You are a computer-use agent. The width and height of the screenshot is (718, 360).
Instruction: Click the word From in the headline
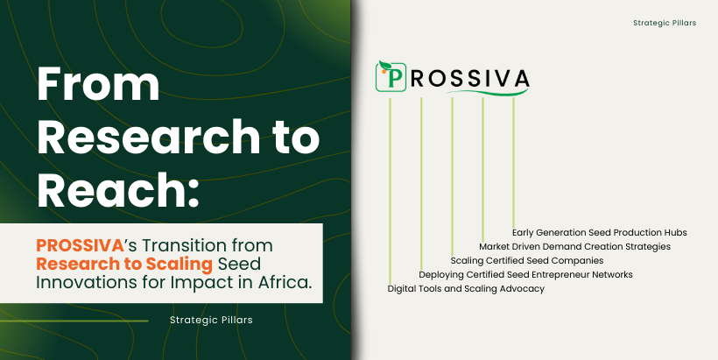[x=98, y=84]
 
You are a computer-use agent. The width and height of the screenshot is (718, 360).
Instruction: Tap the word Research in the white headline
[x=148, y=137]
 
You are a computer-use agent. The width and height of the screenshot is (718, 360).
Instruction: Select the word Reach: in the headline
[x=118, y=189]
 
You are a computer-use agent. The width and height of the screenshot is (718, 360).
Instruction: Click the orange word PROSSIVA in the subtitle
[x=80, y=245]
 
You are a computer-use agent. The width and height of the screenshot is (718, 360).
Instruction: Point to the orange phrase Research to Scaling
[x=124, y=264]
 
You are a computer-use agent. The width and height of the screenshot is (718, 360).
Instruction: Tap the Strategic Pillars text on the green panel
[x=211, y=321]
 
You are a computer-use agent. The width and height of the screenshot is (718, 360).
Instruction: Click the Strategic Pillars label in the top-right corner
[x=665, y=23]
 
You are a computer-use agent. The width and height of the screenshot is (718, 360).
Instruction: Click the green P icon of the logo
[x=391, y=77]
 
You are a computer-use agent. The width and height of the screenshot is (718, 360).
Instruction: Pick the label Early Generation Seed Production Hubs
[x=600, y=233]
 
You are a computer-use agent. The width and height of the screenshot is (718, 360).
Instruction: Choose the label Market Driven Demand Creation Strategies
[x=574, y=247]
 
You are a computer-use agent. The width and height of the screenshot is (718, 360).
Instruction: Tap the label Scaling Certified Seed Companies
[x=526, y=261]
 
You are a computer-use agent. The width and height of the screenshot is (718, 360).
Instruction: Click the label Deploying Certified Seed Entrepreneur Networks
[x=525, y=275]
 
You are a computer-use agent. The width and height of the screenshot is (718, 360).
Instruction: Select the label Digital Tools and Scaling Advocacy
[x=466, y=289]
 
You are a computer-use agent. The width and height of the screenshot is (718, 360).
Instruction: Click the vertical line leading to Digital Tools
[x=391, y=191]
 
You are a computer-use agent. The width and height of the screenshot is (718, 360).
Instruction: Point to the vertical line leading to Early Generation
[x=513, y=163]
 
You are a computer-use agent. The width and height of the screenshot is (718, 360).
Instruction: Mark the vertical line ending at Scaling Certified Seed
[x=452, y=177]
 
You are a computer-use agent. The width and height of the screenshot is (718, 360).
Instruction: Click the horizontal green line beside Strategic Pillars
[x=74, y=321]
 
